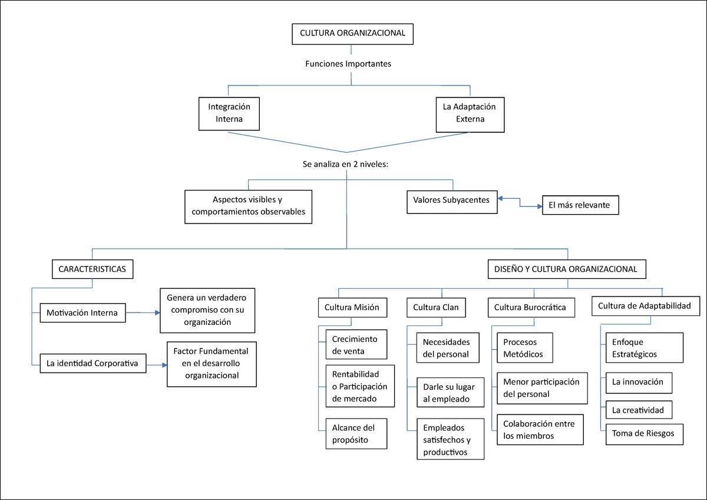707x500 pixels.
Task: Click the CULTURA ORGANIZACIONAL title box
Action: pos(352,34)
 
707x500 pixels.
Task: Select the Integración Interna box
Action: pos(229,114)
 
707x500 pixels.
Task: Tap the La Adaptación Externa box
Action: pos(470,114)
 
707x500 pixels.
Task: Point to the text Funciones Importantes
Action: pos(348,64)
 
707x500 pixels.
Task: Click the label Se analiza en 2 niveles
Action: pos(345,165)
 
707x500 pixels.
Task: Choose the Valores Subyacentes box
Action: pos(452,202)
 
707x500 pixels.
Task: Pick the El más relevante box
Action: pos(580,205)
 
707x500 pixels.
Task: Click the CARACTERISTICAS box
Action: pos(92,269)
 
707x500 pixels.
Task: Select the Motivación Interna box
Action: pos(82,312)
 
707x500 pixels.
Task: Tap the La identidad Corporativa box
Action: pos(93,363)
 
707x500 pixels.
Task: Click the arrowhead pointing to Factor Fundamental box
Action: pos(164,365)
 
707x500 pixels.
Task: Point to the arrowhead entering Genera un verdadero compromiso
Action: pos(157,312)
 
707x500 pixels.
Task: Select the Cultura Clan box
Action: pos(436,307)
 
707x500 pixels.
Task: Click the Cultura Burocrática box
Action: pos(531,307)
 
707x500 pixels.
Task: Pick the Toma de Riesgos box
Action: pos(645,435)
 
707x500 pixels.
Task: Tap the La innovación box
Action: pos(639,383)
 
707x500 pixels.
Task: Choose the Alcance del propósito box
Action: pos(356,434)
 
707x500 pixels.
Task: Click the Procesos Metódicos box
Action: pos(525,348)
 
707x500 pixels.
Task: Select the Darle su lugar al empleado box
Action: pos(450,392)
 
